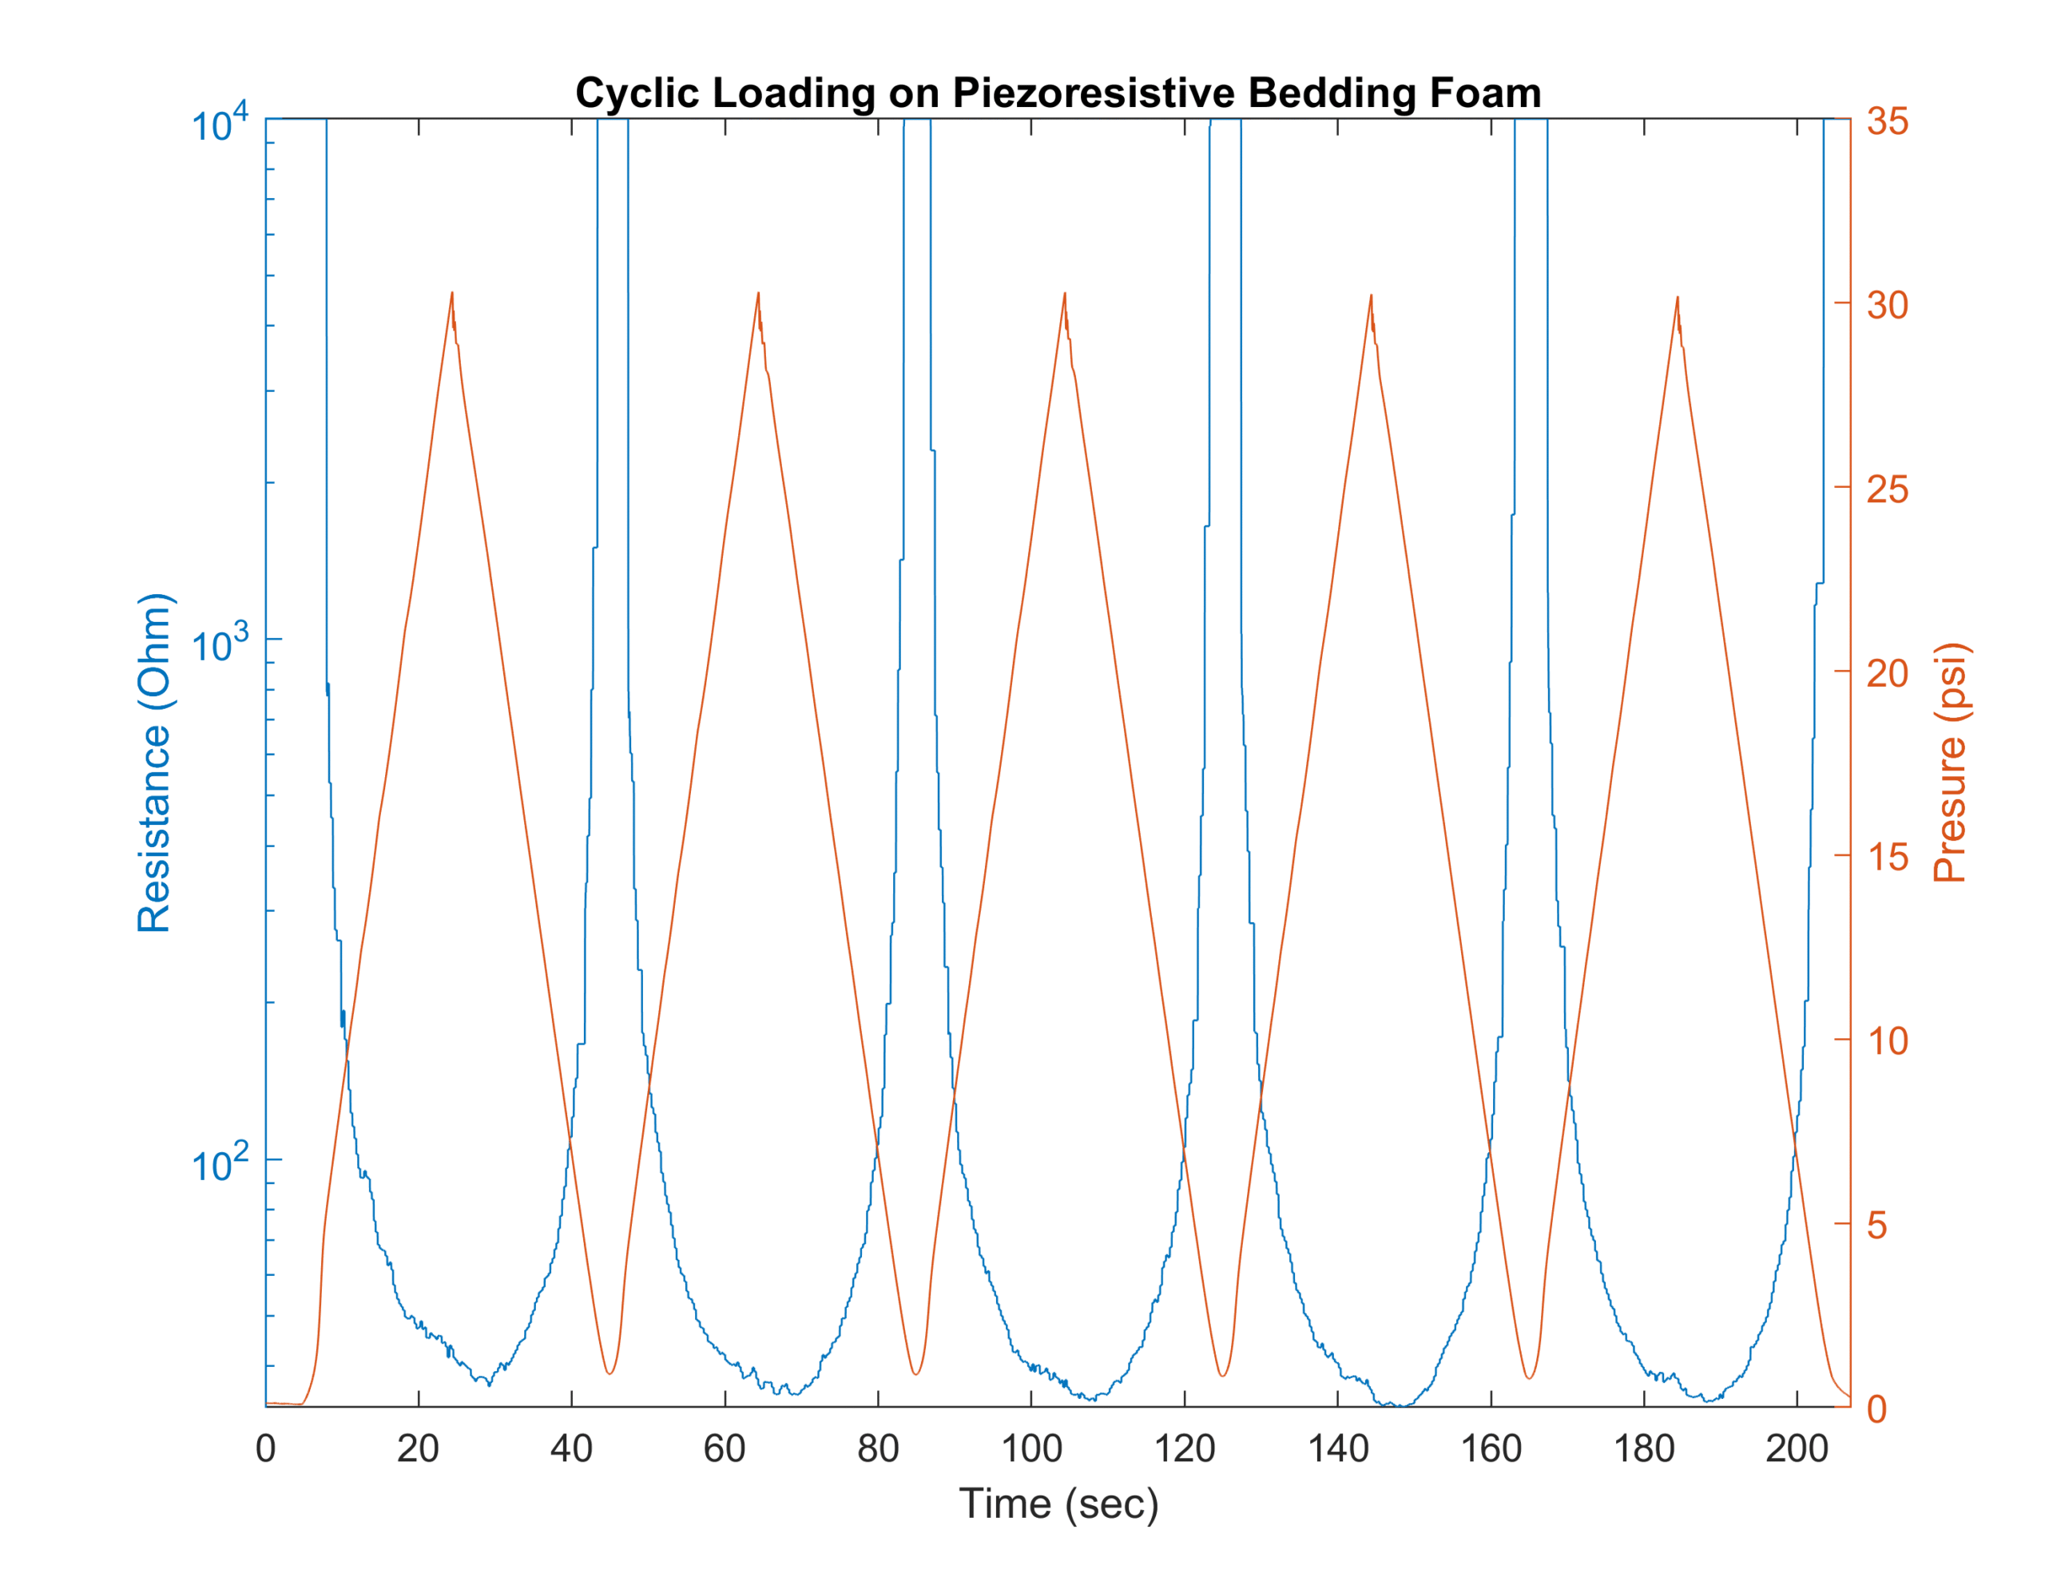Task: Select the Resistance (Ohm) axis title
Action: [154, 763]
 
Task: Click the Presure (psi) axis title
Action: [1952, 763]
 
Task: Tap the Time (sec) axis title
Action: [1058, 1504]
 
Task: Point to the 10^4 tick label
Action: [219, 124]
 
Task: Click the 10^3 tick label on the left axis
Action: [219, 644]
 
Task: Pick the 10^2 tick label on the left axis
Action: [219, 1163]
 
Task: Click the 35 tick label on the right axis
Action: [1888, 121]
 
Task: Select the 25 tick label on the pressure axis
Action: [1888, 489]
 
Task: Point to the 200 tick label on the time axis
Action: [1797, 1449]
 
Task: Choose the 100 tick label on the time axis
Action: [1031, 1449]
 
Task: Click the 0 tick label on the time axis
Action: [266, 1449]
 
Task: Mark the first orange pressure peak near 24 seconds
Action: [452, 293]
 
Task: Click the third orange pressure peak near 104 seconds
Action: [1065, 294]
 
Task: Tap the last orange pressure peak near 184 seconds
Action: [1677, 298]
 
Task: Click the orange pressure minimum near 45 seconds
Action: [610, 1373]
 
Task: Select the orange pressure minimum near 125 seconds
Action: [1223, 1375]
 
